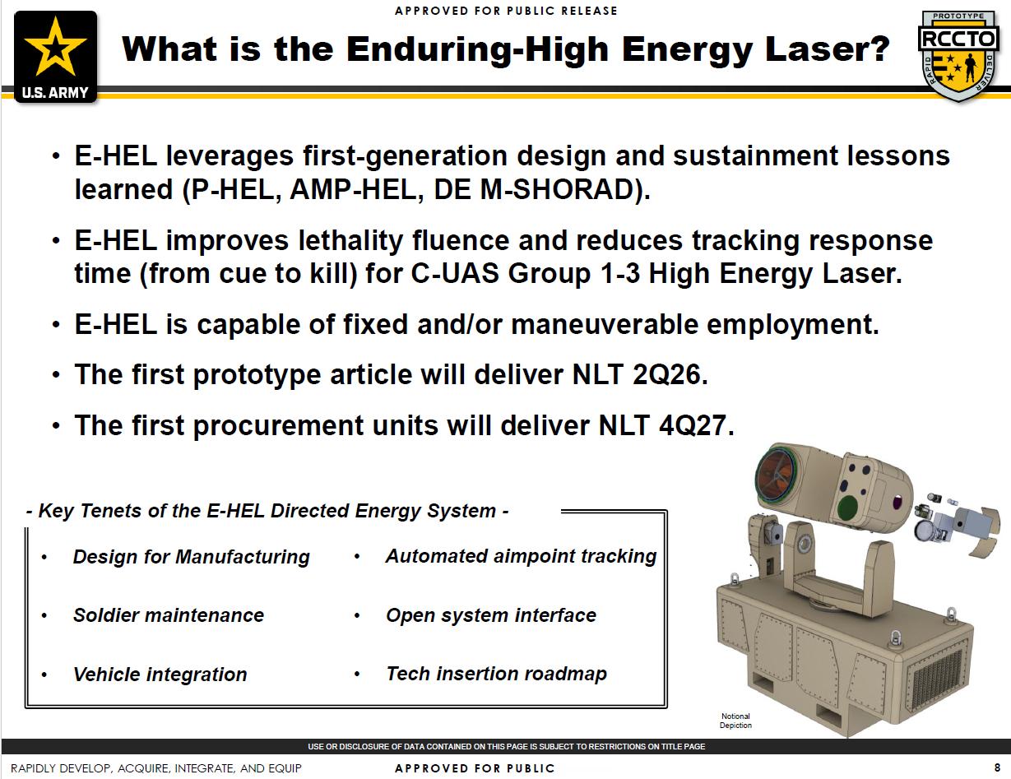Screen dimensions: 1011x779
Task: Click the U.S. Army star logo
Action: click(x=55, y=56)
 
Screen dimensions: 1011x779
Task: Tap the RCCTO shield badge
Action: click(x=958, y=55)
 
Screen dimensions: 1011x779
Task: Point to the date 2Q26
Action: click(x=666, y=374)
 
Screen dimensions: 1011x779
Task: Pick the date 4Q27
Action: click(x=693, y=425)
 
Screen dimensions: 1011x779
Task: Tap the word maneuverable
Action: click(x=605, y=323)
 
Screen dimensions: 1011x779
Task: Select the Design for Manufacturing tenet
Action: click(x=191, y=557)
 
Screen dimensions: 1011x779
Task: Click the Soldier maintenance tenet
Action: click(x=169, y=615)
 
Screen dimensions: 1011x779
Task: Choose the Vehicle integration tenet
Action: click(x=160, y=675)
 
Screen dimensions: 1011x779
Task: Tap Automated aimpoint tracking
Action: click(x=521, y=556)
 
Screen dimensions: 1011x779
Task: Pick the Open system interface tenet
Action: click(x=491, y=615)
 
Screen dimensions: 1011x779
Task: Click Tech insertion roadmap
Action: click(x=496, y=674)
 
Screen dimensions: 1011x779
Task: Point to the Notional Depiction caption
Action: click(x=735, y=721)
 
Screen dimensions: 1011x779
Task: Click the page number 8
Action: click(x=997, y=767)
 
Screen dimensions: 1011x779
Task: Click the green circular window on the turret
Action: click(x=847, y=508)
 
